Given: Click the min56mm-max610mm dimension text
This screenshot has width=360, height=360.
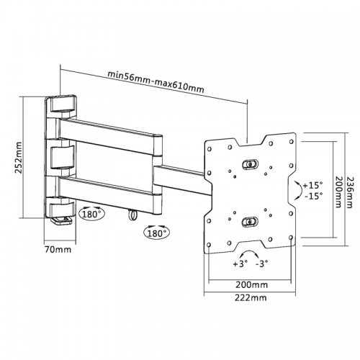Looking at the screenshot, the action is pos(156,81).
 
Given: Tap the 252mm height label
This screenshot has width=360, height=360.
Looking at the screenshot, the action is pos(18,158).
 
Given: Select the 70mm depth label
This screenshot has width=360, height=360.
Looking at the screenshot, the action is pos(58,250).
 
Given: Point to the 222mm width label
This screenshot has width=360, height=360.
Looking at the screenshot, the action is pos(251,297).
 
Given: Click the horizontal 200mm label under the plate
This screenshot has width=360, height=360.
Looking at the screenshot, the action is pos(251,285).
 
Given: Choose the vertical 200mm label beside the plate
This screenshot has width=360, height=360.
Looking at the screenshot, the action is pos(338,192).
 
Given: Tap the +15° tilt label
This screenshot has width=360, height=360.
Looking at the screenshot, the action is pos(312,185).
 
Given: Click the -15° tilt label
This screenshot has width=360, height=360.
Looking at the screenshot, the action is pos(314,196).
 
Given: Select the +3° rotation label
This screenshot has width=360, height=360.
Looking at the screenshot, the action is pos(240,264).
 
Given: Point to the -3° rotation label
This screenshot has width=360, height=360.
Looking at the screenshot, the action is pos(262,264).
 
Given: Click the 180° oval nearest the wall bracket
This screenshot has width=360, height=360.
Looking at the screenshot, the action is pos(91,213).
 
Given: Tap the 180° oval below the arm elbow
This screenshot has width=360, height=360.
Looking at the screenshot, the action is pos(156,232).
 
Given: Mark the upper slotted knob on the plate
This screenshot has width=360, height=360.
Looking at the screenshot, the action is pos(250,164).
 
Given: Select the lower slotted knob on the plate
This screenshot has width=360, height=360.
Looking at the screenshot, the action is pos(250,222).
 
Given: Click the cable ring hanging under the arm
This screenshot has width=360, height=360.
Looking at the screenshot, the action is pos(132,215).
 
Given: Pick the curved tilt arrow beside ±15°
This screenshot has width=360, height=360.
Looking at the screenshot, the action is pos(300,190).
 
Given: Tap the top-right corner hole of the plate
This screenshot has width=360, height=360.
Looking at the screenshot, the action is pos(292,141).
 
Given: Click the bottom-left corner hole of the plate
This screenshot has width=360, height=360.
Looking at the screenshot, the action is pos(209,245).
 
